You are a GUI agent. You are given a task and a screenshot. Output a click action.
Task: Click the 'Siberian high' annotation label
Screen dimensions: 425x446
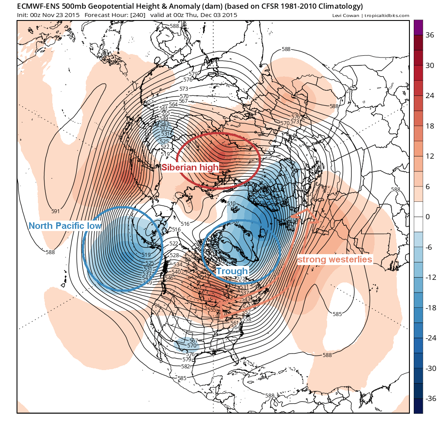(190, 167)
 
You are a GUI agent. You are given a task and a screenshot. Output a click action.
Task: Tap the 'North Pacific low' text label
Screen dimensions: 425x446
(65, 226)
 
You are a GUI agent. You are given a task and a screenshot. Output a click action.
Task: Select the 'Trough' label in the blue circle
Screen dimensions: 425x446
(232, 271)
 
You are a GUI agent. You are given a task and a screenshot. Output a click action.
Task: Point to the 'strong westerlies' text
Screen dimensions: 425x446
(335, 260)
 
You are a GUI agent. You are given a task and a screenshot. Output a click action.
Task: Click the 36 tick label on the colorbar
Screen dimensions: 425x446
(429, 35)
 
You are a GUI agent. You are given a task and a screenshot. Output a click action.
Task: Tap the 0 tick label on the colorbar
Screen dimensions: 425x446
(427, 217)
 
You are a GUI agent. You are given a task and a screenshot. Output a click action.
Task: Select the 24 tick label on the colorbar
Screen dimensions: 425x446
(429, 96)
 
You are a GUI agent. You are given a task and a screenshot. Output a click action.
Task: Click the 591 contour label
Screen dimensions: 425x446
(55, 211)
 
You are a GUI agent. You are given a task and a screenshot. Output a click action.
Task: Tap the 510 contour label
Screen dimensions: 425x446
(231, 204)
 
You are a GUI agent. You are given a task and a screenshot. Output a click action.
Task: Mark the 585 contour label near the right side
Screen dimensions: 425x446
(337, 314)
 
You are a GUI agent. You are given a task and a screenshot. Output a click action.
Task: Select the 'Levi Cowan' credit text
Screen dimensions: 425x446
(344, 16)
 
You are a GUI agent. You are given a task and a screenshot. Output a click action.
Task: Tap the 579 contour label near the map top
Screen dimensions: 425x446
(193, 74)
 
